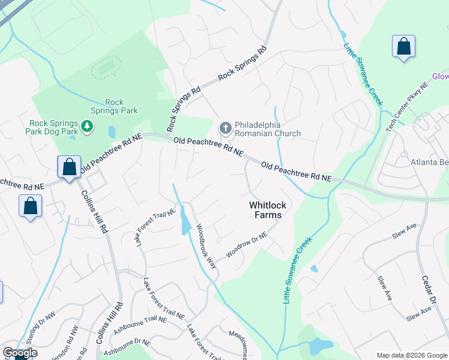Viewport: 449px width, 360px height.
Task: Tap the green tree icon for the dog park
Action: click(x=88, y=126)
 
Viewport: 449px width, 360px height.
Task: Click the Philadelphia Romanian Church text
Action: click(x=267, y=129)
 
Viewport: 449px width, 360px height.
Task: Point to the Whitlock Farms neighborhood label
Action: click(x=268, y=210)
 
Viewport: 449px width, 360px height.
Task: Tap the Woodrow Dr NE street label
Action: click(x=246, y=247)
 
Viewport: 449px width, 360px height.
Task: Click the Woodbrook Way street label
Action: click(x=204, y=246)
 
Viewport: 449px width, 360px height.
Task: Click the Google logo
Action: click(x=20, y=352)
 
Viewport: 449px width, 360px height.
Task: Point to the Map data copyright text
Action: click(x=411, y=355)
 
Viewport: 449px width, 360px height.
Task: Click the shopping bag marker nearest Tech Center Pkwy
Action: click(x=404, y=47)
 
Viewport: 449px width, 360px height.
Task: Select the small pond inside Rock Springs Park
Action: click(x=112, y=131)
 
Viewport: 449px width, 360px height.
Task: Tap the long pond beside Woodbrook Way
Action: click(x=185, y=221)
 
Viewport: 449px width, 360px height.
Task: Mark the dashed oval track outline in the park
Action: click(x=106, y=68)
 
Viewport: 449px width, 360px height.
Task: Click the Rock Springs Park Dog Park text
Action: click(x=53, y=127)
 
